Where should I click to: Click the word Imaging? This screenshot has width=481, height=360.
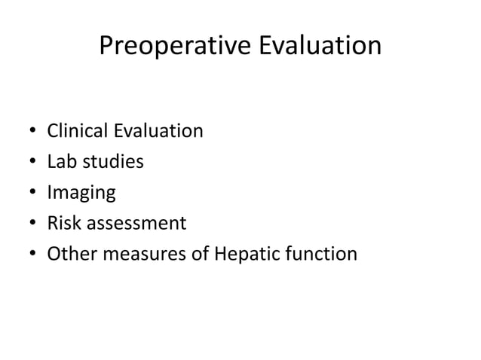click(81, 194)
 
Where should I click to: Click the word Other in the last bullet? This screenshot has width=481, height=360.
click(69, 255)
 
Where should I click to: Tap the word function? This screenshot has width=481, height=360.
click(319, 255)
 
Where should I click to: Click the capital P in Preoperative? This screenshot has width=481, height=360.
click(106, 47)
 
